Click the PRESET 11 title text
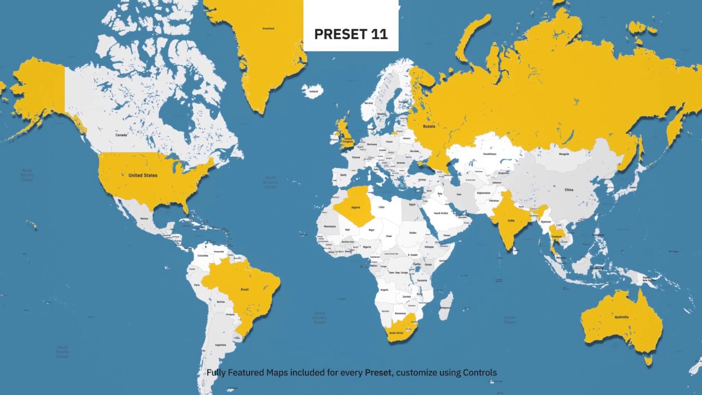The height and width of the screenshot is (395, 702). tap(351, 34)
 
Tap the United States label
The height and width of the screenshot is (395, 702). tap(143, 176)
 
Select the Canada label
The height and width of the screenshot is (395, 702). tap(121, 134)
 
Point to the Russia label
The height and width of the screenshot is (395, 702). tap(429, 126)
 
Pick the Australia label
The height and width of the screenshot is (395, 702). tap(621, 317)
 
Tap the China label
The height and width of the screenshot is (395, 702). tap(569, 190)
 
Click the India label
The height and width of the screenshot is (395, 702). tap(511, 222)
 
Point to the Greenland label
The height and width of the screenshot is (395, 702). tap(268, 29)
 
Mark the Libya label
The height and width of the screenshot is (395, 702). tap(382, 207)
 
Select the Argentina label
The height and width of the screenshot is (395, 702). tap(220, 345)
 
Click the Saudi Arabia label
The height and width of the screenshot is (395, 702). tap(441, 213)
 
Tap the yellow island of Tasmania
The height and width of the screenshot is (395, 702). tap(649, 360)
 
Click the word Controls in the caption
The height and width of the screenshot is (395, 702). tap(479, 373)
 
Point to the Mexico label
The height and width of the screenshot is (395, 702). tap(144, 218)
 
